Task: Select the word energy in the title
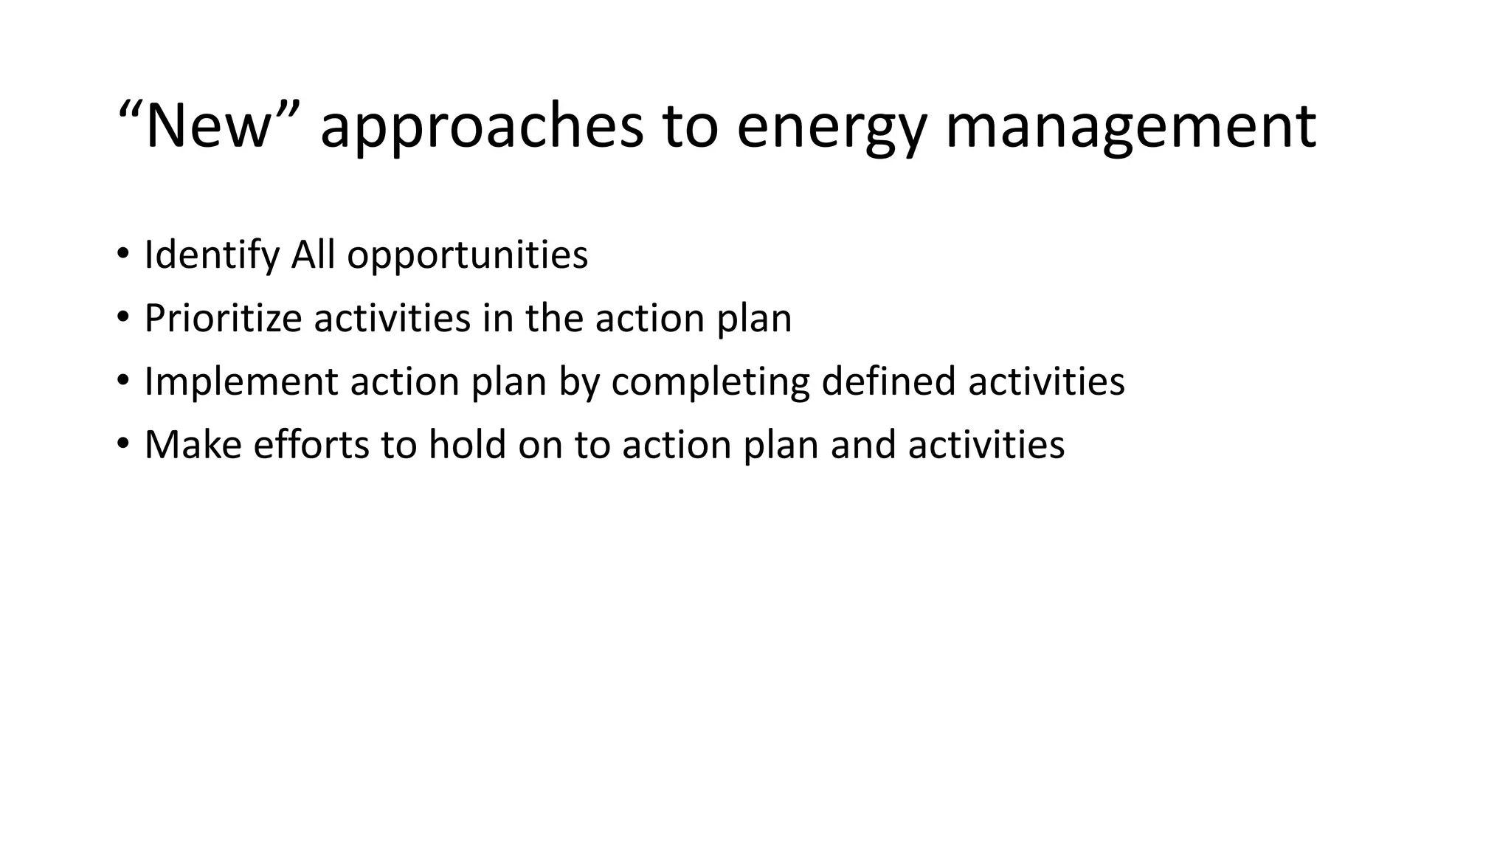click(831, 127)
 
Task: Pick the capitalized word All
click(313, 255)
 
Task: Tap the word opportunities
click(467, 255)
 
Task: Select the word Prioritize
click(223, 319)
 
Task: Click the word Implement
click(241, 382)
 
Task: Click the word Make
click(193, 446)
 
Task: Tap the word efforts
click(311, 446)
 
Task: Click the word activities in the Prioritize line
click(392, 319)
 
